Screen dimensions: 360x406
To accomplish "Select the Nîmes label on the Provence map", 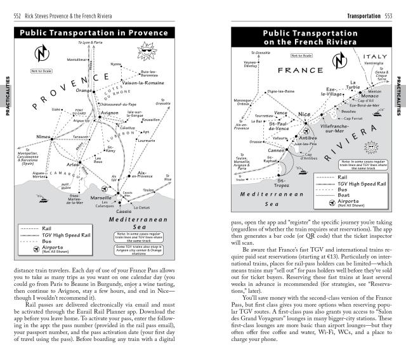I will coord(44,137).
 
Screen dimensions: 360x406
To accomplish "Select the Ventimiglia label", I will coord(373,64).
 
